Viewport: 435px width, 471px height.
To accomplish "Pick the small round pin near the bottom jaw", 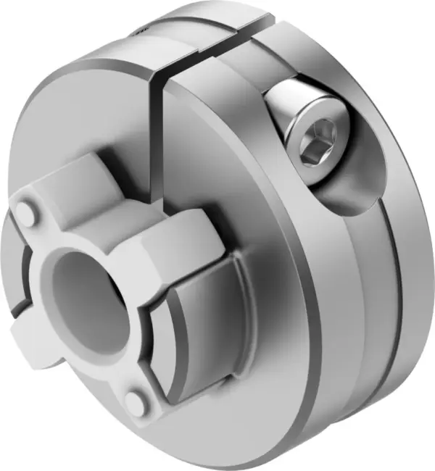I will (136, 401).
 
